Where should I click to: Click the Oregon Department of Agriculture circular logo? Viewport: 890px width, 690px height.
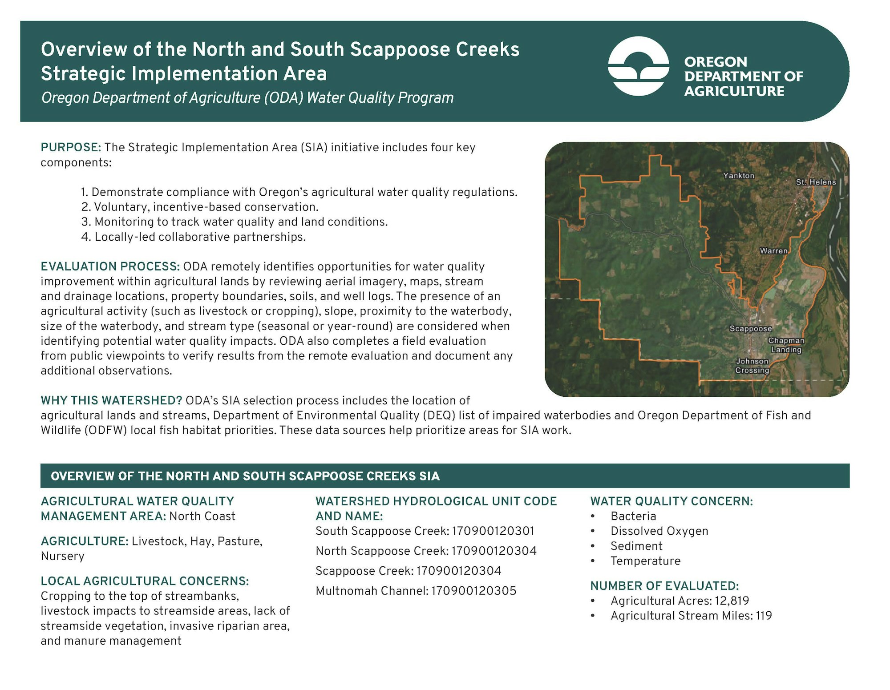click(x=639, y=66)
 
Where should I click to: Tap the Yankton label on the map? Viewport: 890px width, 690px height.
click(x=739, y=176)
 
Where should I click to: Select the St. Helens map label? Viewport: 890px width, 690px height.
click(x=816, y=182)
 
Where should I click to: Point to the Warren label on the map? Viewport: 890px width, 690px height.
click(x=774, y=251)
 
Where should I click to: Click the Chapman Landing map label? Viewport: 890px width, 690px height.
click(x=786, y=345)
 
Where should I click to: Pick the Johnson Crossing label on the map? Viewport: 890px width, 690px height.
click(x=752, y=366)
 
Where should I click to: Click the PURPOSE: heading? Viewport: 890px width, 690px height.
click(x=71, y=147)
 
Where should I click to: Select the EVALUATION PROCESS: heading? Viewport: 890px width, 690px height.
click(x=110, y=266)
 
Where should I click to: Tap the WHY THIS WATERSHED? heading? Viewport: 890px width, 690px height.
click(x=111, y=400)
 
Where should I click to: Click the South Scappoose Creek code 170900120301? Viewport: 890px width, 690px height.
click(x=493, y=531)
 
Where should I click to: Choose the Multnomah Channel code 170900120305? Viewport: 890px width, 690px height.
click(x=474, y=591)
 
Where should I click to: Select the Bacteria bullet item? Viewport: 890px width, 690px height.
click(x=633, y=516)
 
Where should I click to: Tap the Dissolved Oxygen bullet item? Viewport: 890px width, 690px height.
click(x=659, y=531)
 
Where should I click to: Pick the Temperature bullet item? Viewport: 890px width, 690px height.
click(x=645, y=561)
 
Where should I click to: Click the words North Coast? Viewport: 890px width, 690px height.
click(x=202, y=516)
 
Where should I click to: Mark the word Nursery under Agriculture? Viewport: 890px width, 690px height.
click(x=62, y=557)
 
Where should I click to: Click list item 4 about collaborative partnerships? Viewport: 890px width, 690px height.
click(x=194, y=237)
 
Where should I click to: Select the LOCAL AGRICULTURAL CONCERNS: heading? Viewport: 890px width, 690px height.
click(x=145, y=581)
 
